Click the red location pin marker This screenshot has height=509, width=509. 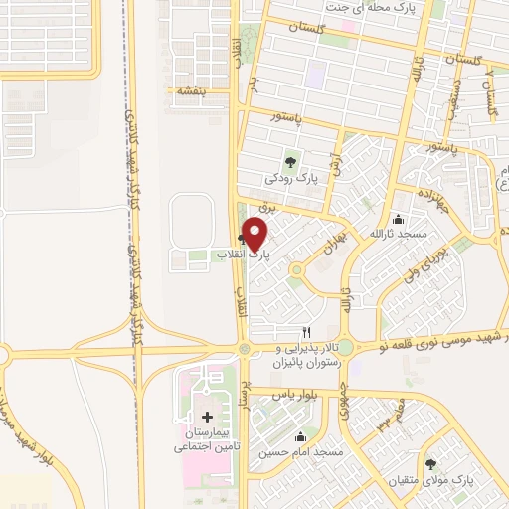coord(255,236)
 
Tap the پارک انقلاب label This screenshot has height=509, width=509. coord(217,255)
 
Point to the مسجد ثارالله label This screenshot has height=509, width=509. coord(399,235)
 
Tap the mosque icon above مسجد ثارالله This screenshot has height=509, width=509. coord(399,219)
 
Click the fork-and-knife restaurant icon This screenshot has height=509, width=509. coord(307,331)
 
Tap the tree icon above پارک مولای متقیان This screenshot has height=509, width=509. coord(431,464)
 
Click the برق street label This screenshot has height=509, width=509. coord(265,206)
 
